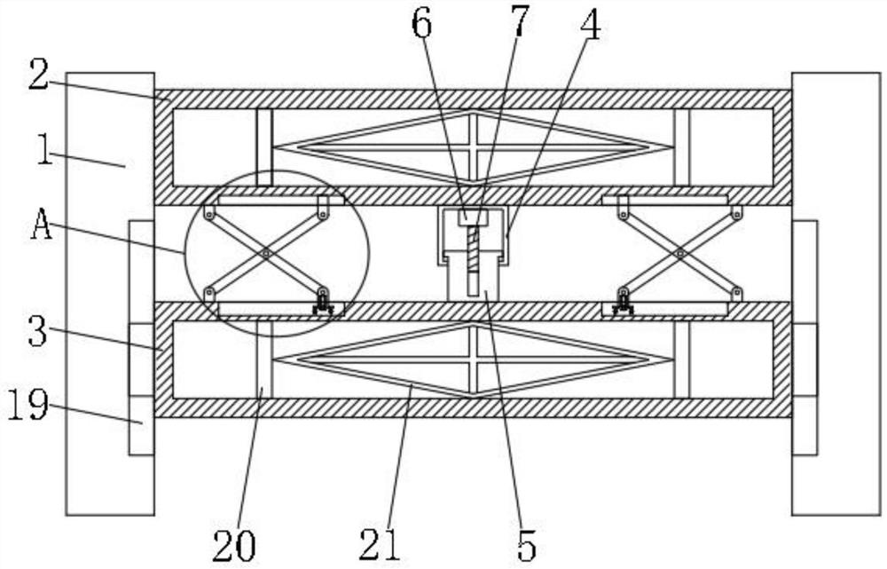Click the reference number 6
pyautogui.click(x=421, y=26)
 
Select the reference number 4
pyautogui.click(x=589, y=26)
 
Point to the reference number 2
pyautogui.click(x=37, y=77)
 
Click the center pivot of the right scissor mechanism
pyautogui.click(x=680, y=254)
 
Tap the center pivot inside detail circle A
pyautogui.click(x=266, y=254)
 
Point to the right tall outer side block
pyautogui.click(x=836, y=293)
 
